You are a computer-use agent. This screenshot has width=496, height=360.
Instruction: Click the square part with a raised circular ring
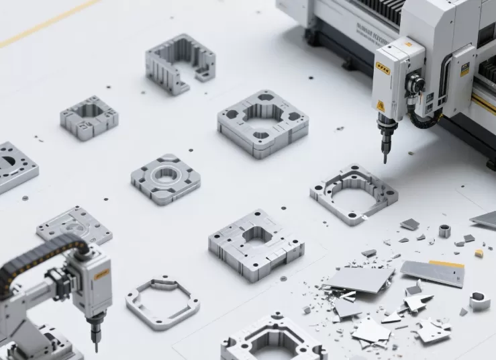point(165,178)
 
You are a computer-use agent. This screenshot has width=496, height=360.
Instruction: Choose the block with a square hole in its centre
point(256,243)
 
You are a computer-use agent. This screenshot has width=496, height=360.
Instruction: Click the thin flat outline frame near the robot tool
point(162,302)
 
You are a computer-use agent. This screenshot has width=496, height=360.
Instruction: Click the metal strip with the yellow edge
point(434,273)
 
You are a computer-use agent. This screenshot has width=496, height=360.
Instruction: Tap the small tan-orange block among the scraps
point(479,253)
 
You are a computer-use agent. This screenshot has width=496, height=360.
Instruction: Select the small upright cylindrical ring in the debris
point(444,231)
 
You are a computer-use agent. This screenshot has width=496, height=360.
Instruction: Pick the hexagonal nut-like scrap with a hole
point(479,300)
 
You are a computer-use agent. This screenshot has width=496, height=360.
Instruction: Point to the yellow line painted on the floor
point(47,24)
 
